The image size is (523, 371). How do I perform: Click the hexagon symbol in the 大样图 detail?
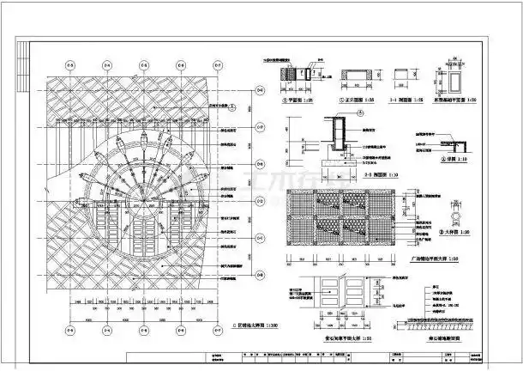pyautogui.click(x=453, y=209)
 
